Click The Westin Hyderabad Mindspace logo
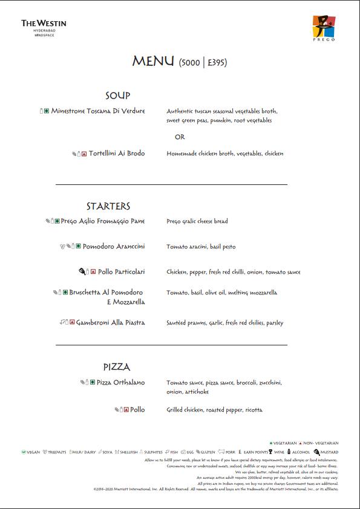pos(44,27)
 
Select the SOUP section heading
pos(117,96)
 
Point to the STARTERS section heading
pos(108,206)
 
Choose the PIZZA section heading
pos(117,367)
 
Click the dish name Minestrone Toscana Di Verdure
pos(98,111)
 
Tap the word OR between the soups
pos(180,137)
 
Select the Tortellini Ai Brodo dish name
pos(117,154)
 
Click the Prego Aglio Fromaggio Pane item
pos(103,221)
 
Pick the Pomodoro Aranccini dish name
pos(114,247)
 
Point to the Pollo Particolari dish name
pos(122,272)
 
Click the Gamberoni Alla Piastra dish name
pos(111,323)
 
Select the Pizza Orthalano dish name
pos(121,383)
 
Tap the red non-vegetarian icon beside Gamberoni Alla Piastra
pos(72,323)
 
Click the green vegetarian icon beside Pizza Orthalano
pos(93,383)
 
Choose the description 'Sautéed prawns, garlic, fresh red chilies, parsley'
pos(224,323)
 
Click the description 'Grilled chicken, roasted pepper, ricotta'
pos(214,410)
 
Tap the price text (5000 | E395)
pos(203,62)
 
